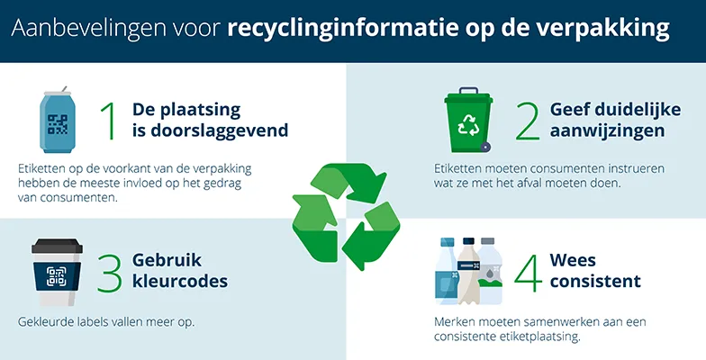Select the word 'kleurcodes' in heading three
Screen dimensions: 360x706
click(x=180, y=282)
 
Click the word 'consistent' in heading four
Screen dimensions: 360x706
click(x=598, y=282)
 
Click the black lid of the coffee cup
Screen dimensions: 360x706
click(x=58, y=246)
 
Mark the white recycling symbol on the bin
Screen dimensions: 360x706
click(x=469, y=127)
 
